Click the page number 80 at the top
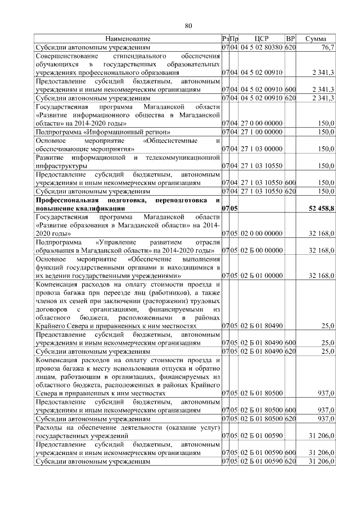pos(188,25)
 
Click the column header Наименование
pos(128,39)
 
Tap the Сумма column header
pos(316,39)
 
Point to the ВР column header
pos(290,39)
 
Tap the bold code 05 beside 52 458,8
pos(234,209)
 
